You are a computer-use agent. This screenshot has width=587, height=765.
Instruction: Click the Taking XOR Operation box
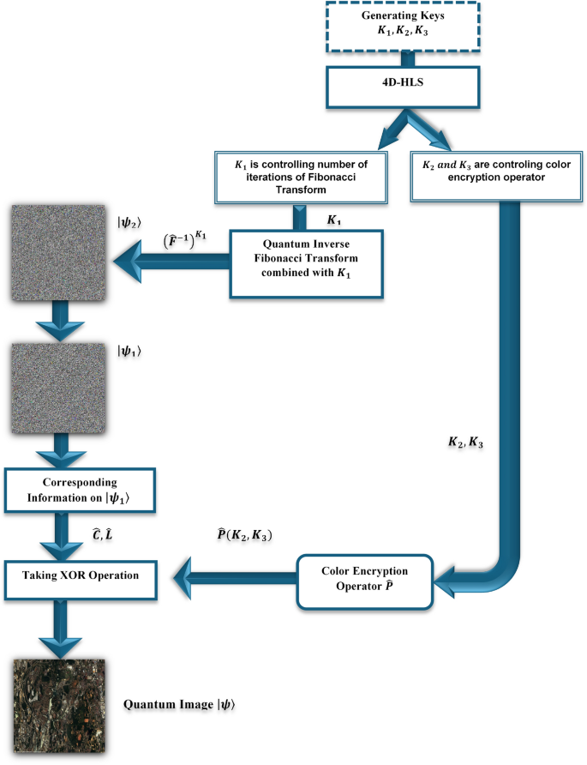(83, 576)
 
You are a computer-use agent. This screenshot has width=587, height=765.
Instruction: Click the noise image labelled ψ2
(56, 260)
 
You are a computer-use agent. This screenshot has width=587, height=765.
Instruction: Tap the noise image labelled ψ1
(56, 389)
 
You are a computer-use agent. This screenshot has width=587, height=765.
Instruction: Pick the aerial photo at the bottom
(57, 705)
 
